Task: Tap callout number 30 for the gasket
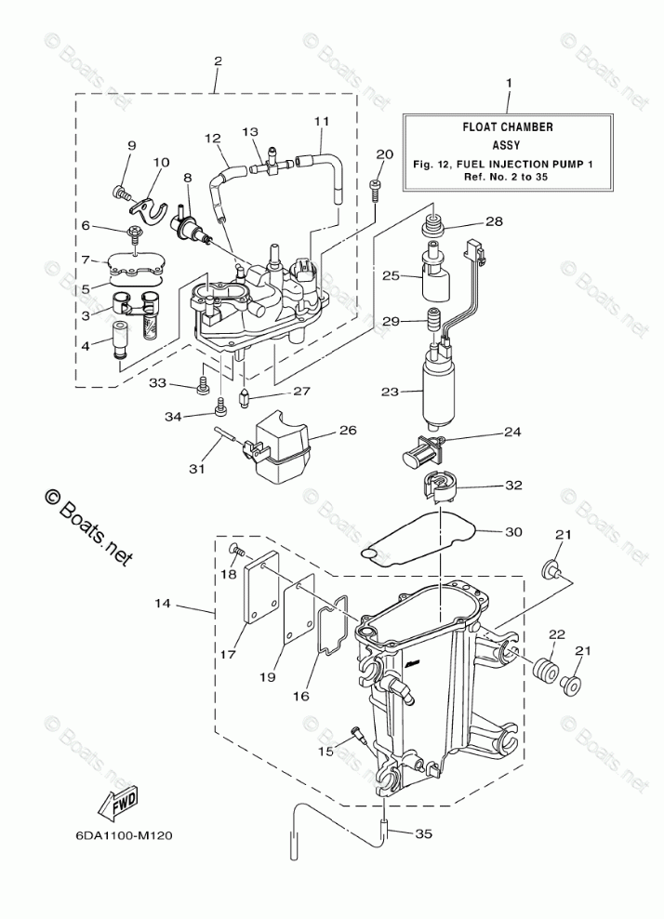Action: tap(513, 532)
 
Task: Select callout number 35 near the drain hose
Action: tap(423, 834)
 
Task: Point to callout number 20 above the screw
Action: tap(384, 154)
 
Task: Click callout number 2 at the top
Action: tap(218, 61)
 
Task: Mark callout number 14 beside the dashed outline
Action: tap(162, 605)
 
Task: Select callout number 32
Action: tap(513, 485)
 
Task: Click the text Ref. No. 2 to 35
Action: tap(509, 177)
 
